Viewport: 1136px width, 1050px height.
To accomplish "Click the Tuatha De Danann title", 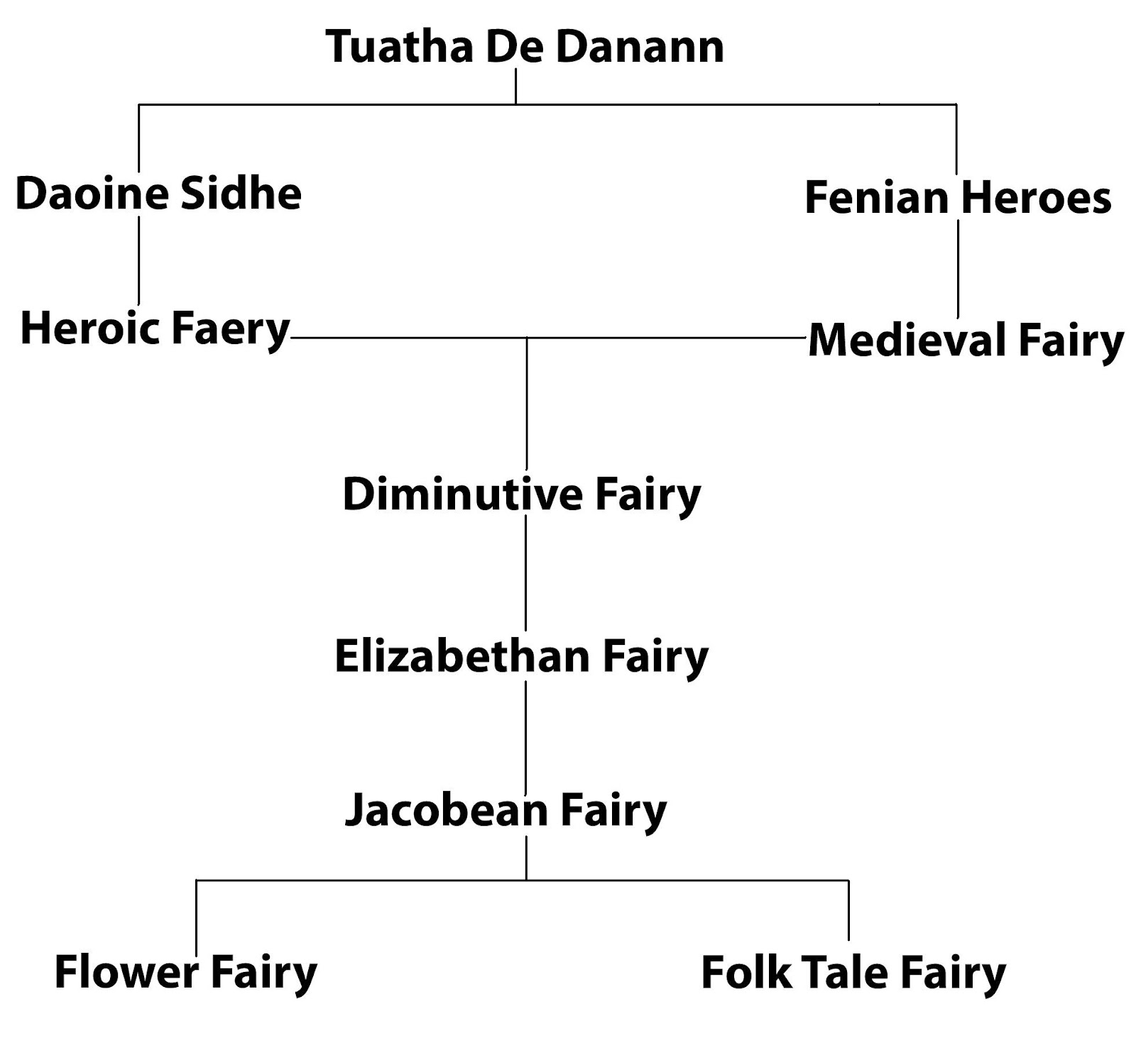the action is [525, 47].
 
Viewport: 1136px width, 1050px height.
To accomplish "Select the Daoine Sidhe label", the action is [158, 194].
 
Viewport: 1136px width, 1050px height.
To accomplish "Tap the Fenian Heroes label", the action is [958, 197].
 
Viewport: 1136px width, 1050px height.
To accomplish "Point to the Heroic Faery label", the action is [155, 328].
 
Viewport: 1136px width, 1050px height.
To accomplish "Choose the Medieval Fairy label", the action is [966, 340].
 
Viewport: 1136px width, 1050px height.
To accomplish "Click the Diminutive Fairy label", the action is [522, 494].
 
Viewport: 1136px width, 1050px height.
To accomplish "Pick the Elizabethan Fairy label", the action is [522, 656].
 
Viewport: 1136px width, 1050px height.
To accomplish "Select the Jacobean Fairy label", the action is [506, 809].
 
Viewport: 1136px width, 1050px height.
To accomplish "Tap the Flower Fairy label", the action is [186, 972].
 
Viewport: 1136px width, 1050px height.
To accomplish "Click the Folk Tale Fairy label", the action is [853, 972].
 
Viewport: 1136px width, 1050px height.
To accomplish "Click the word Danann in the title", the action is [639, 47].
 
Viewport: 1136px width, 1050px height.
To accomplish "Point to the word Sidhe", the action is [241, 194].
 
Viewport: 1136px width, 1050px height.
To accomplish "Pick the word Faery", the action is [231, 330].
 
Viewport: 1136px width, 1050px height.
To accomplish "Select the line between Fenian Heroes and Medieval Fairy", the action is [958, 268].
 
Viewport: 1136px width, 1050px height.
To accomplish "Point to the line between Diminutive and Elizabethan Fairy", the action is [525, 575].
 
